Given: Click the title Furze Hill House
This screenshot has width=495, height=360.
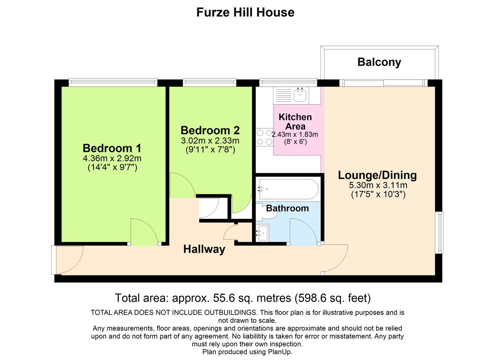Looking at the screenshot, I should pyautogui.click(x=245, y=12).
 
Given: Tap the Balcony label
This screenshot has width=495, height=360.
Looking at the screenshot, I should pyautogui.click(x=379, y=62).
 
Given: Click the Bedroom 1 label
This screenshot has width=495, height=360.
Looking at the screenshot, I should pyautogui.click(x=112, y=148).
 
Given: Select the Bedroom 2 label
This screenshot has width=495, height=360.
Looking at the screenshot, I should pyautogui.click(x=210, y=130).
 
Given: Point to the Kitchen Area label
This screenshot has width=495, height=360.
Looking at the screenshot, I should pyautogui.click(x=295, y=122).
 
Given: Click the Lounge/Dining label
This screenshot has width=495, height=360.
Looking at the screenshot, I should pyautogui.click(x=377, y=175).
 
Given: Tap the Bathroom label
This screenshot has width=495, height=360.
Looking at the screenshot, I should pyautogui.click(x=288, y=208).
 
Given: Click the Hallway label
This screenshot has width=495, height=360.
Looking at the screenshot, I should pyautogui.click(x=204, y=249).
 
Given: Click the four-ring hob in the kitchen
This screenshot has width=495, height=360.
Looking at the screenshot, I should pyautogui.click(x=264, y=137).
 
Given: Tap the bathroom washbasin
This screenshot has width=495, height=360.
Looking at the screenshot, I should pyautogui.click(x=262, y=233).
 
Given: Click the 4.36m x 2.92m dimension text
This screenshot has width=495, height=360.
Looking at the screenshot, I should pyautogui.click(x=112, y=158).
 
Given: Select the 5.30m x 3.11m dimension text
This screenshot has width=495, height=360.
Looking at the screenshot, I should pyautogui.click(x=377, y=185).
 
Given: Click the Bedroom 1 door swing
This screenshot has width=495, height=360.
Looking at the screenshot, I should pyautogui.click(x=144, y=232).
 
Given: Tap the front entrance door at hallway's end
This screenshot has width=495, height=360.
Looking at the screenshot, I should pyautogui.click(x=66, y=260).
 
